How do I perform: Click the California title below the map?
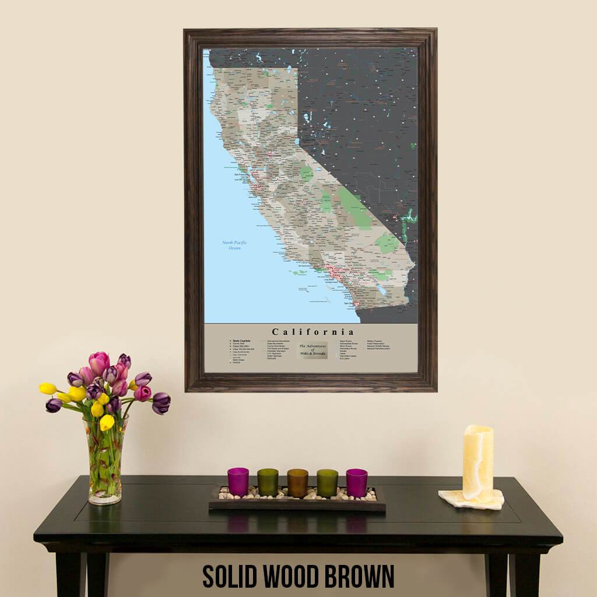(312, 332)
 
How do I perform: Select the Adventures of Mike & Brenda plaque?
(313, 350)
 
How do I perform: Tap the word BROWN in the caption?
(363, 576)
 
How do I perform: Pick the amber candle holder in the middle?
(297, 483)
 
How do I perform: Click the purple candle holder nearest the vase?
(238, 482)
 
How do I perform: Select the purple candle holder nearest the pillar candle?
(357, 482)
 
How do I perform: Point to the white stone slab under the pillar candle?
(471, 499)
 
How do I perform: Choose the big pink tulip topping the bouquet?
(99, 363)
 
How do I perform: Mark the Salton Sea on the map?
(381, 289)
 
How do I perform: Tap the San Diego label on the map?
(349, 303)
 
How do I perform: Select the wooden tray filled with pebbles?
(297, 501)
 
